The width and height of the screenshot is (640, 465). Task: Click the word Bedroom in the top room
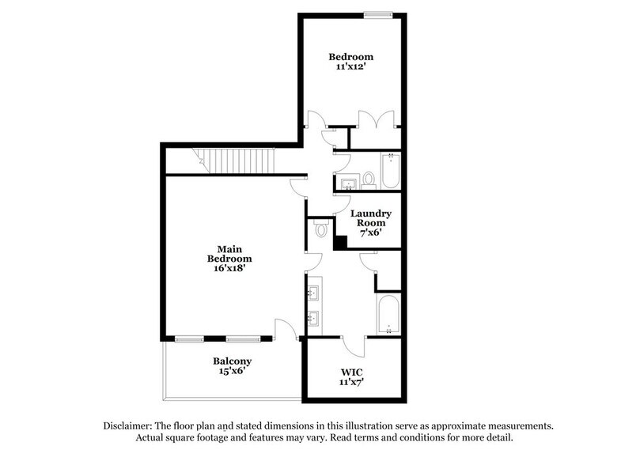tap(351, 57)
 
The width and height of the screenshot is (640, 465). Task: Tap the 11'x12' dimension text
tap(351, 68)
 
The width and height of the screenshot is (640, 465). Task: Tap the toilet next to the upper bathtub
tap(369, 180)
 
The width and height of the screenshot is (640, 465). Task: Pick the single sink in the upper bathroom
tap(348, 183)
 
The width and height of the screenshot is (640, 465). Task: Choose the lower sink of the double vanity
tap(314, 319)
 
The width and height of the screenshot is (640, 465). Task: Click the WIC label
tap(351, 371)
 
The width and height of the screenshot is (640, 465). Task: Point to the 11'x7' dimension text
tap(351, 383)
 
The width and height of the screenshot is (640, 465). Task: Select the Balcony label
tap(232, 362)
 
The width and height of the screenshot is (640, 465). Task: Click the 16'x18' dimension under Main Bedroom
tap(229, 270)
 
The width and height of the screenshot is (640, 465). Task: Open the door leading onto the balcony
tap(284, 331)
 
